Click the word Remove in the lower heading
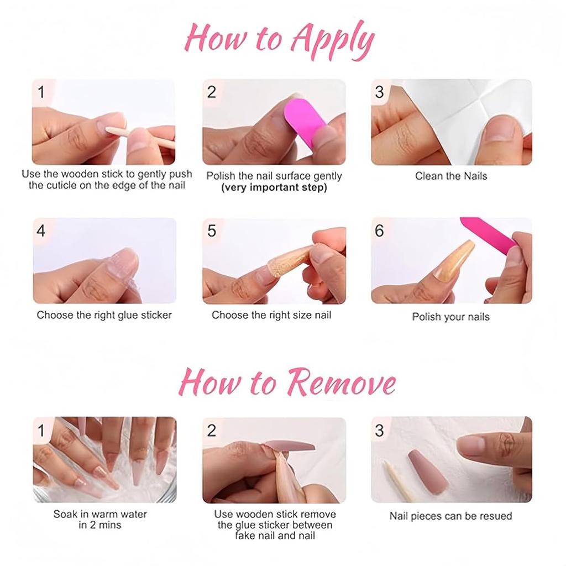[x=342, y=382]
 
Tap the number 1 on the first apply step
[x=41, y=92]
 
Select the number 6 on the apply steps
[x=379, y=231]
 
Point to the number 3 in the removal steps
[x=379, y=431]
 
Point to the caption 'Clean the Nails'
[x=451, y=176]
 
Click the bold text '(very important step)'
[x=274, y=187]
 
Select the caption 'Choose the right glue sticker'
[x=104, y=315]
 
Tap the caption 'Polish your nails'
[x=451, y=317]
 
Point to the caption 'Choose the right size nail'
[x=271, y=315]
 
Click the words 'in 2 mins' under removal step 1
[x=100, y=525]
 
